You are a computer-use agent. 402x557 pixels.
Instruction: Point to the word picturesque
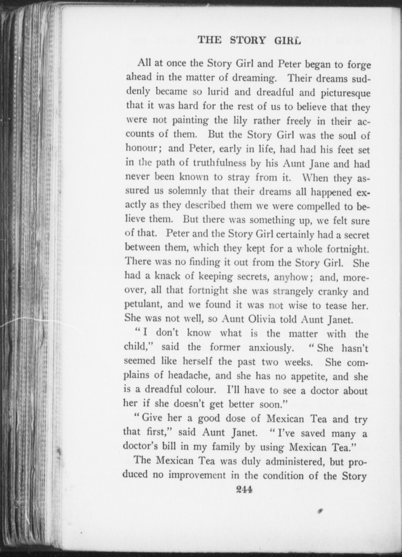click(x=345, y=93)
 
